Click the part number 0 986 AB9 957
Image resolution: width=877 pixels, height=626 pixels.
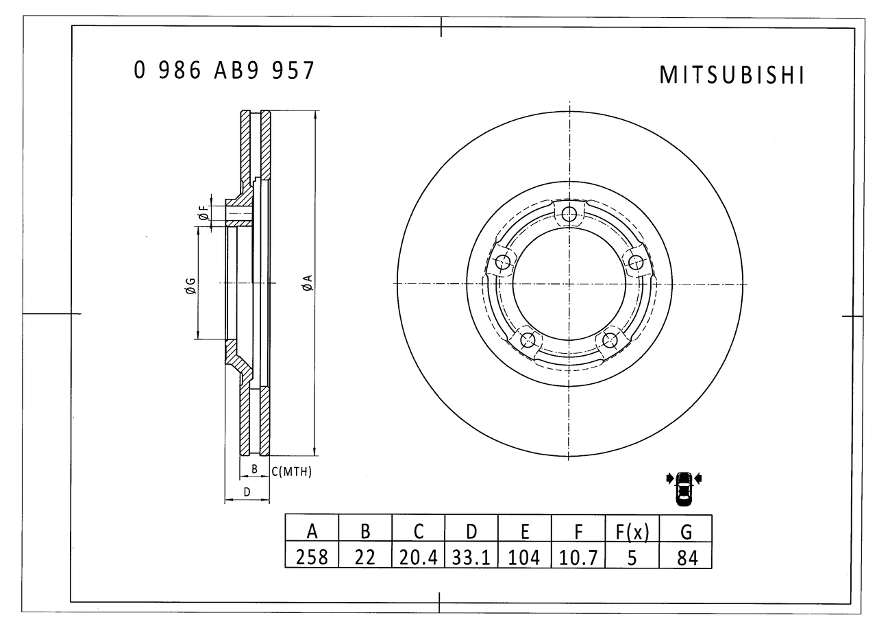coord(224,71)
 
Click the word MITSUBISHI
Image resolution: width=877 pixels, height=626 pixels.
coord(732,75)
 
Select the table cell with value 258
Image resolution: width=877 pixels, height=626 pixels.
coord(312,557)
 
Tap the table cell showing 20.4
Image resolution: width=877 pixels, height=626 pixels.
coord(419,557)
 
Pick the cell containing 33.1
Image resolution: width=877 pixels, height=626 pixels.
coord(471,557)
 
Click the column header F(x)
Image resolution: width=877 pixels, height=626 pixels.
coord(632,531)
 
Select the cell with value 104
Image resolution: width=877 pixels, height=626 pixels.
coord(525,557)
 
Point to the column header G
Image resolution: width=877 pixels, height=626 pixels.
coord(686,531)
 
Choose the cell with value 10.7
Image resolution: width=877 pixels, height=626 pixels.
coord(578,557)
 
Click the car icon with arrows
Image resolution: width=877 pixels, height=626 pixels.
coord(684,487)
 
